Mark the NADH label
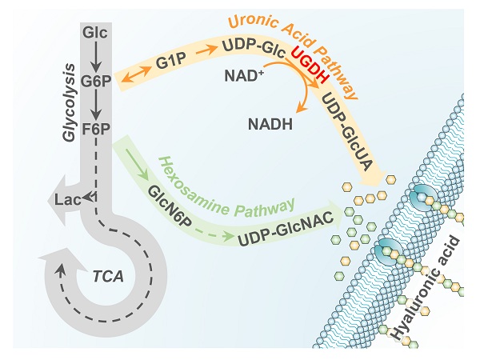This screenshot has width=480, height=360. (x=269, y=124)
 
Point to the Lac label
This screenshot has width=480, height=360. (x=65, y=201)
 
